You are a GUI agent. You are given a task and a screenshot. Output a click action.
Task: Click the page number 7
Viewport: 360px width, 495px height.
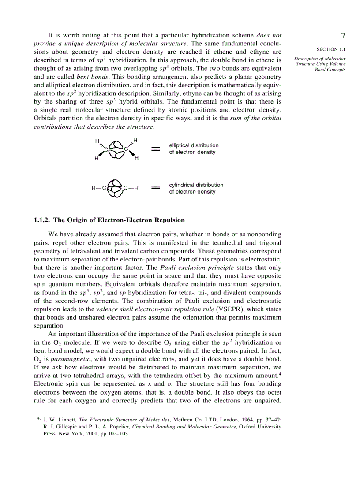point(343,36)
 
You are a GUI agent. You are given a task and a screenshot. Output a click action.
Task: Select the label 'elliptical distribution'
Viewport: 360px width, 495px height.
point(194,145)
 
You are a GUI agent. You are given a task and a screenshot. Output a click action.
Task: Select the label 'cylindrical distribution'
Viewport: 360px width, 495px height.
point(196,185)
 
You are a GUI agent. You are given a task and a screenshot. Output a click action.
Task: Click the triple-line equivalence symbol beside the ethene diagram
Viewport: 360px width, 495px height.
point(155,149)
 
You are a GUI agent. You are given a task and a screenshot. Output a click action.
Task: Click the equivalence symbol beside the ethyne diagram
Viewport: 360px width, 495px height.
point(155,189)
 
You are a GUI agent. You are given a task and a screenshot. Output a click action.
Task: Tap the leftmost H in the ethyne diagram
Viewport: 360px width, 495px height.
point(94,189)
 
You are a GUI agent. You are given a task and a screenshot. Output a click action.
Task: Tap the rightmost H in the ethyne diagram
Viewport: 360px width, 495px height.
point(137,189)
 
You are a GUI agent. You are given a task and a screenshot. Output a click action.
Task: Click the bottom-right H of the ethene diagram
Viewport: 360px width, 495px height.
point(136,158)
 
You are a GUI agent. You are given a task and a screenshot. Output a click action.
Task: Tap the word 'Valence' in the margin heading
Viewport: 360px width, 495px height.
point(336,64)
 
